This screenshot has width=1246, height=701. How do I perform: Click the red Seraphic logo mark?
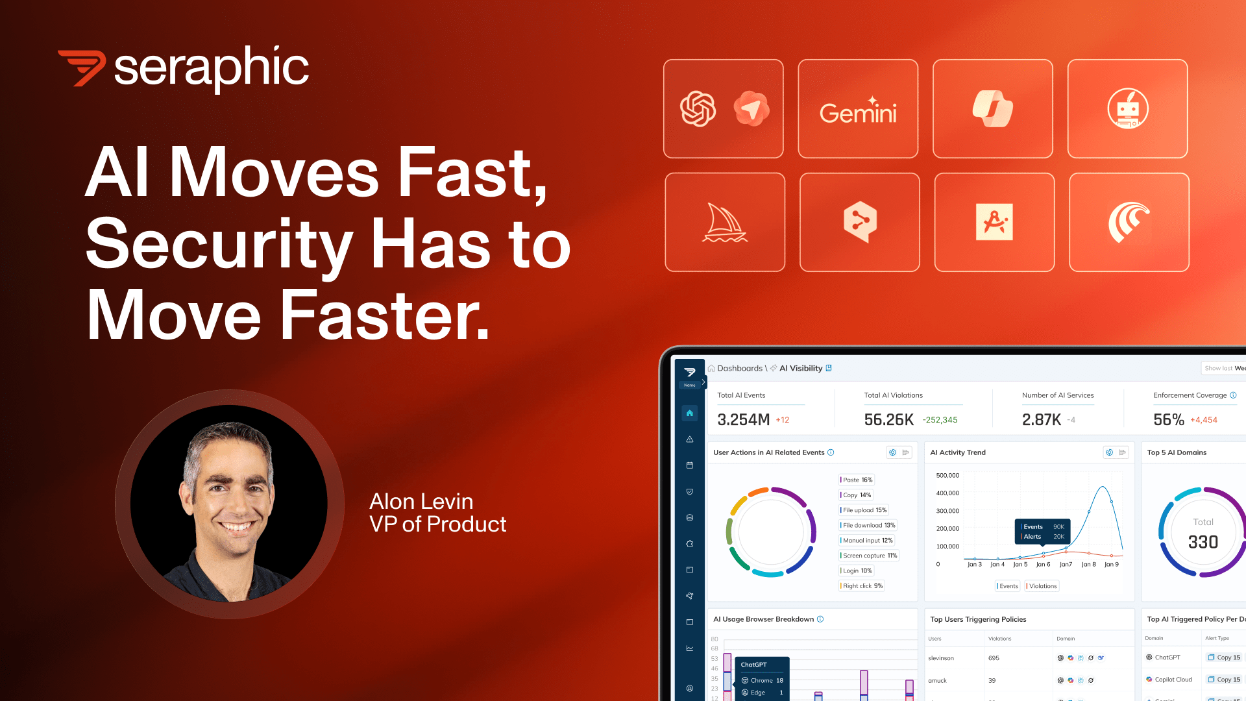82,68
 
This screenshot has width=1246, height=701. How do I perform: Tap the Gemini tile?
858,109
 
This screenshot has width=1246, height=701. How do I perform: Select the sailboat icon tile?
725,222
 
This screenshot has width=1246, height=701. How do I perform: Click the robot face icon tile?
1127,109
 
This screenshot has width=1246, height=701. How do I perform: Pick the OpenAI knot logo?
698,108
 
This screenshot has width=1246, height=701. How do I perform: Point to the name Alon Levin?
421,501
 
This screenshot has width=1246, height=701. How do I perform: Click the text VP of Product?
437,524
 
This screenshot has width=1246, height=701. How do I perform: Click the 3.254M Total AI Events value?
744,420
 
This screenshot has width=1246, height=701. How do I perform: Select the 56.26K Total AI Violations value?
888,420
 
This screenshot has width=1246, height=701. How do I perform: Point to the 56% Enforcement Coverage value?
1169,420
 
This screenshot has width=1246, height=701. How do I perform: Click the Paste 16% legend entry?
857,480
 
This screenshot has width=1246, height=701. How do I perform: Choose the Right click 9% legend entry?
862,586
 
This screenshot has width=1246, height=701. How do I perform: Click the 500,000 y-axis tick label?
947,476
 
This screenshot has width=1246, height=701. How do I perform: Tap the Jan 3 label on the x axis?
974,565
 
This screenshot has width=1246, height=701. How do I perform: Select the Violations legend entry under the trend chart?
1043,586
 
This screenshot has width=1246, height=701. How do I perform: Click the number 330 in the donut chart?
1203,542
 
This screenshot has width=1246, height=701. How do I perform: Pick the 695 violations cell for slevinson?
994,658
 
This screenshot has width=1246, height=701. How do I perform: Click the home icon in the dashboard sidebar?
690,413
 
